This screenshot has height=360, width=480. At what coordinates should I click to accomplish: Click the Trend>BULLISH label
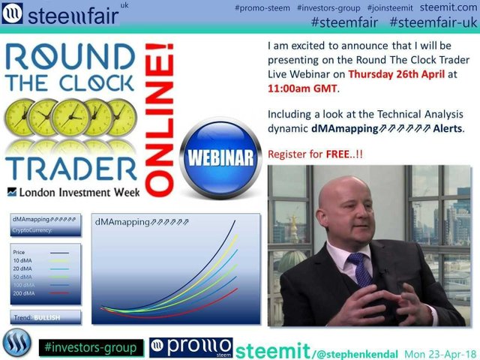point(37,317)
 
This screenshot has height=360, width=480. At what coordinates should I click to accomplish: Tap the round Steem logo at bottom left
point(16,346)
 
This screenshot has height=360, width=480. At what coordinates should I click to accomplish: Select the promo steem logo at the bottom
point(190,348)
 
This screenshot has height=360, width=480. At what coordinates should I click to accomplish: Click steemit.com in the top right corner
point(451,7)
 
